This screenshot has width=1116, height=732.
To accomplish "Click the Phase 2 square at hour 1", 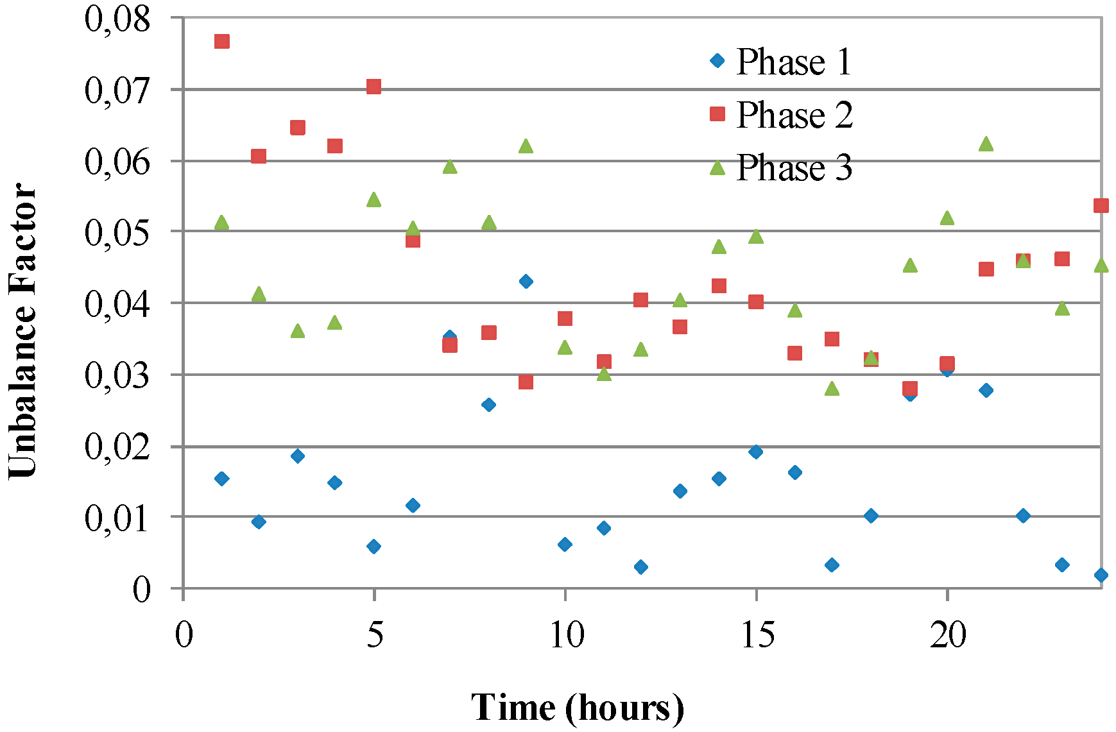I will pos(222,42).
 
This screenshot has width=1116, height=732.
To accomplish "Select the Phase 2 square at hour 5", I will pos(374,87).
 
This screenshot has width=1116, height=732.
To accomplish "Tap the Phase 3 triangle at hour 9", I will pos(526,147).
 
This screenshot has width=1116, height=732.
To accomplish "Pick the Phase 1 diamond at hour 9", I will pos(526,281).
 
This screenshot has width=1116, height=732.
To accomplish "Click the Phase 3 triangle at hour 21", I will pos(986,144).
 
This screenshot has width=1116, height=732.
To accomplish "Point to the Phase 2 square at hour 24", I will pos(1101,205).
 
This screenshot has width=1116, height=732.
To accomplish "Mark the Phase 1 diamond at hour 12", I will pos(640,566).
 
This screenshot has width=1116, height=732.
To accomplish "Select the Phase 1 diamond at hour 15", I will pos(756,452).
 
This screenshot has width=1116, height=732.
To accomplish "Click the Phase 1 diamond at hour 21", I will pos(986,390).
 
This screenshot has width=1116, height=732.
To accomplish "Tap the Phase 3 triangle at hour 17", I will pos(832,389).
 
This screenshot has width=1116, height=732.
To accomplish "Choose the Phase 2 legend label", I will pos(794,115).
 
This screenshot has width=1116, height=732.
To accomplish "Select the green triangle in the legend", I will pos(717,168).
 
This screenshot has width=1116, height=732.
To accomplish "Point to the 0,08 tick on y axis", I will pos(117,19).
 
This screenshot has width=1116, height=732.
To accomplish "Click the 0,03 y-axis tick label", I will pos(117,375).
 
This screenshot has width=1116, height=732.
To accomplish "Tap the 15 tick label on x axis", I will pos(757,636).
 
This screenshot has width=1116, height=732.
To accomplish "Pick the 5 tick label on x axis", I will pos(375,636).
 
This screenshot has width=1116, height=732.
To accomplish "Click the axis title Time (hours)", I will pos(578,708).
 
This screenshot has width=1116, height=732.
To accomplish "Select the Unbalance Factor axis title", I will pos(23,330).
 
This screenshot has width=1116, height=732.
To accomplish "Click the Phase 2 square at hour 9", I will pos(526,382).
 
